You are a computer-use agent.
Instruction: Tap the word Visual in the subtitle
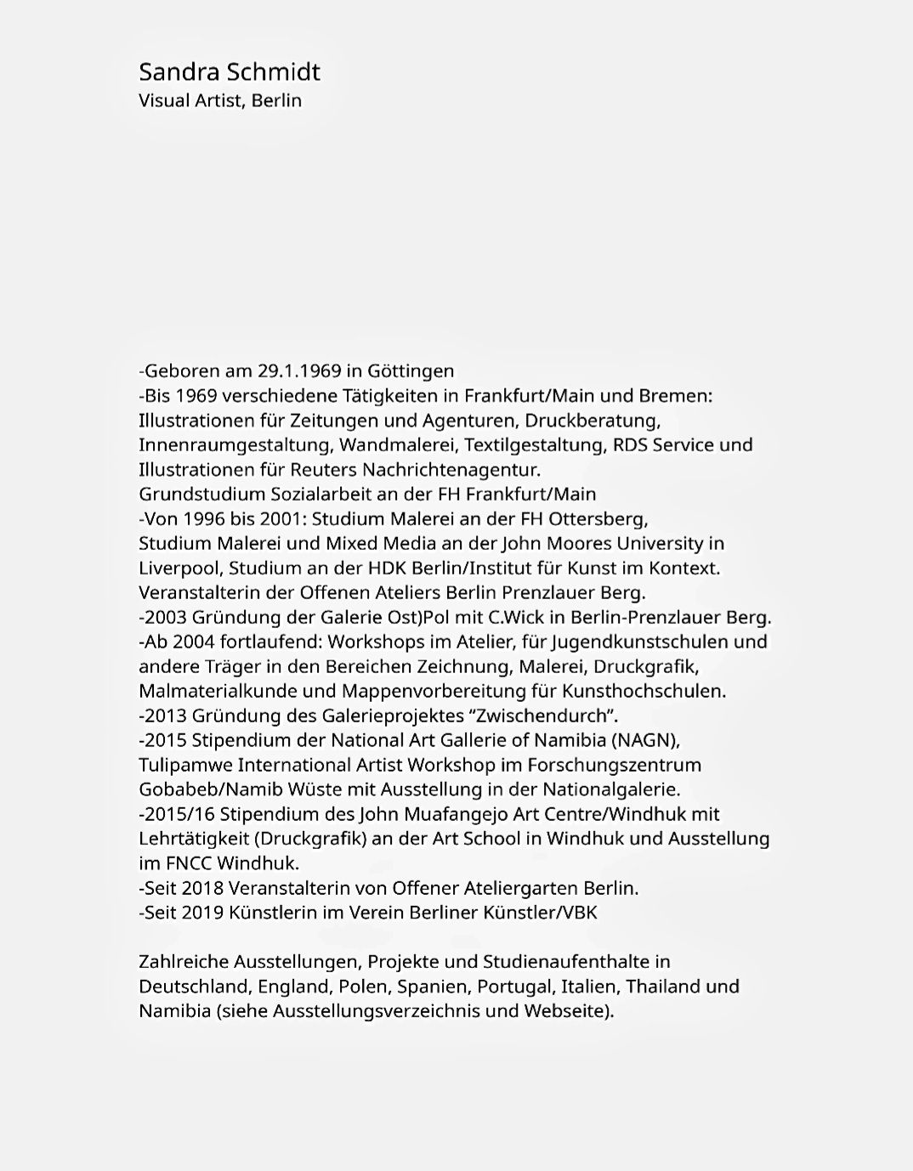[164, 100]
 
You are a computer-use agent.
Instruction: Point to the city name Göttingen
[411, 371]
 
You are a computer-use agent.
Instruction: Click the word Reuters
[324, 470]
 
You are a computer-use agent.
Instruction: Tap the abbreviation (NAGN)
[645, 741]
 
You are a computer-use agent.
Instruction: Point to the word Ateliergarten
[520, 889]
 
